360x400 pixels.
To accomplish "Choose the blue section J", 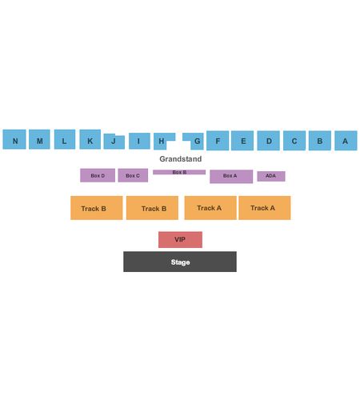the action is [114, 142].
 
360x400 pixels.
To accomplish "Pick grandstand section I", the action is [139, 141].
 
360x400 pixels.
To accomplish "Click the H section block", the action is [161, 141].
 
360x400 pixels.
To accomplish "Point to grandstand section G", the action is [198, 142].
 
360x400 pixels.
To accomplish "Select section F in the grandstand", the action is [218, 141].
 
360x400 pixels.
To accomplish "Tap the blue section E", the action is [242, 141].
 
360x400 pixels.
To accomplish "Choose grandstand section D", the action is [269, 141].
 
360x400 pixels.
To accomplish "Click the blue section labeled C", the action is [294, 141].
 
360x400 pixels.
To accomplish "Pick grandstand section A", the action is [346, 141].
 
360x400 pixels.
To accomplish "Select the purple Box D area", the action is [98, 175].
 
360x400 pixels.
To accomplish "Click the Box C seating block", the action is [133, 175].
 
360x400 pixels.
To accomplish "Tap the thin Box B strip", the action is [179, 172].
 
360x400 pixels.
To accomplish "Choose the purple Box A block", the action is [231, 177].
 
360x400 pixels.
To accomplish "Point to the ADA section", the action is [271, 176].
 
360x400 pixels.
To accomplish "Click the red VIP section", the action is [180, 239].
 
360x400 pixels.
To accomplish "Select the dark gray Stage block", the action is [180, 262].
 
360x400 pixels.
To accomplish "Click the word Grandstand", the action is [181, 159].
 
